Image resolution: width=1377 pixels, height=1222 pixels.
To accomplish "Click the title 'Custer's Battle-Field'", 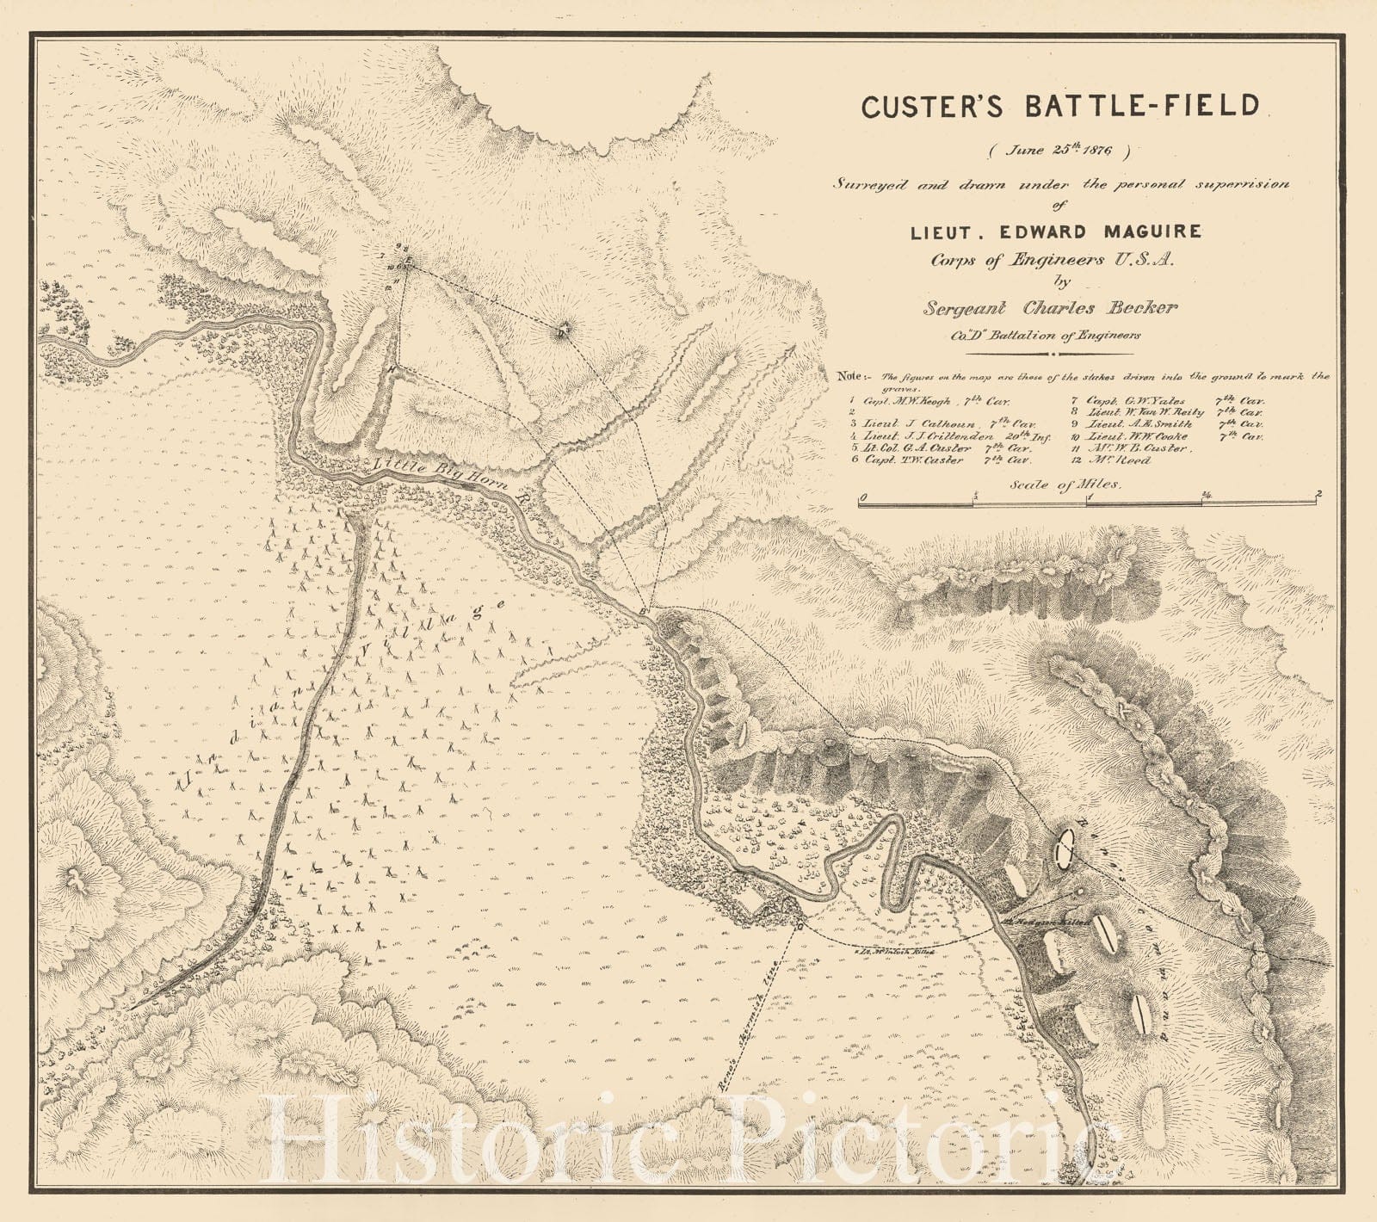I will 1060,106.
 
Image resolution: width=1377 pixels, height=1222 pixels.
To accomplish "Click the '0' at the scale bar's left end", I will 862,497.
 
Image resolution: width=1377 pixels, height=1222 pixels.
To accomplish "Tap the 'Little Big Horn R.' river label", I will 455,484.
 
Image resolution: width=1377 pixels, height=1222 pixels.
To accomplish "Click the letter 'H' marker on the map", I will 392,368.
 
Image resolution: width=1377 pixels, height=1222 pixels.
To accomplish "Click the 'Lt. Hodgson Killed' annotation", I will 1040,918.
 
